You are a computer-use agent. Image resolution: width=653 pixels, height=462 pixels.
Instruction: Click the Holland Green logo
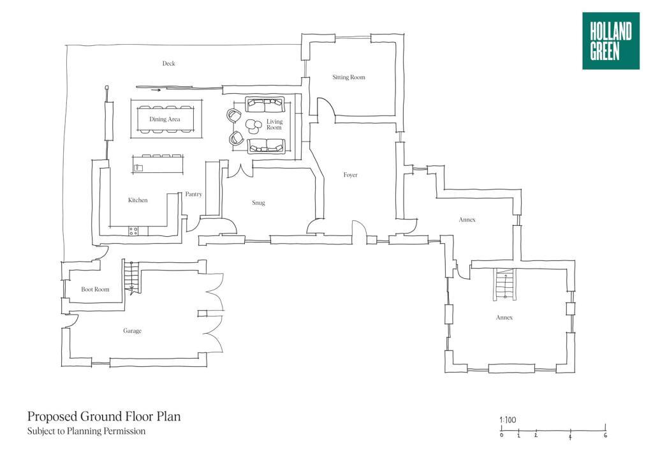point(610,41)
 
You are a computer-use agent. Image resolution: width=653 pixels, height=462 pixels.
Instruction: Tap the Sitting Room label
point(349,77)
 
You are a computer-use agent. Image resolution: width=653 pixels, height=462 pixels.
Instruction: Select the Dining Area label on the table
point(165,119)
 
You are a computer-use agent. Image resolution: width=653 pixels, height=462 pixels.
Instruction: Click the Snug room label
point(258,203)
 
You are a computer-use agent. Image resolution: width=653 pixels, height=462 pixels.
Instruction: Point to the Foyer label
point(350,175)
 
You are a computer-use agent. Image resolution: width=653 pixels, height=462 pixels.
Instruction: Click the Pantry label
point(193,194)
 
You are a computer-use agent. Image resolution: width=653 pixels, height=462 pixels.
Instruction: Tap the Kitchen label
point(138,200)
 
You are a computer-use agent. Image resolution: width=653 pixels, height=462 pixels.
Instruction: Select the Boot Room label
point(95,290)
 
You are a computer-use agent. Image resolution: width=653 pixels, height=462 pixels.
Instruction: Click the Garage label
point(132,331)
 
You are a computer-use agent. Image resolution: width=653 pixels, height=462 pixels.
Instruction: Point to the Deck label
point(168,64)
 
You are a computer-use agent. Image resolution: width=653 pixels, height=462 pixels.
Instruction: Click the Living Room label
point(274,124)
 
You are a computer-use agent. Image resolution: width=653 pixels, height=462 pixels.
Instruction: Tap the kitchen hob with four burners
point(134,231)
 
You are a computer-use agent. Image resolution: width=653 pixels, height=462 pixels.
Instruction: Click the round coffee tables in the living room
point(253,125)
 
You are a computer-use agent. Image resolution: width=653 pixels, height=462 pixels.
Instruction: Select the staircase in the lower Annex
point(504,284)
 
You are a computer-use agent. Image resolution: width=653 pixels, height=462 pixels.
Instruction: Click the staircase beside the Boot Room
point(131,278)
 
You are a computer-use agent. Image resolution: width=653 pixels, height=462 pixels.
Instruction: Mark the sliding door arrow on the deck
point(156,90)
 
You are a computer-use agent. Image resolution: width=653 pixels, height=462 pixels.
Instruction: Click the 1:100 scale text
point(508,420)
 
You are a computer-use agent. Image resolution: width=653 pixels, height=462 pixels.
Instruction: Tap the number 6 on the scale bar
point(605,436)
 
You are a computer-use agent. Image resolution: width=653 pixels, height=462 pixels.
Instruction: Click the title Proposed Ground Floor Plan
point(104,417)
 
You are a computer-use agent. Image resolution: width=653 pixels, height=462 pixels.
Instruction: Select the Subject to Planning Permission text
point(86,431)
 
